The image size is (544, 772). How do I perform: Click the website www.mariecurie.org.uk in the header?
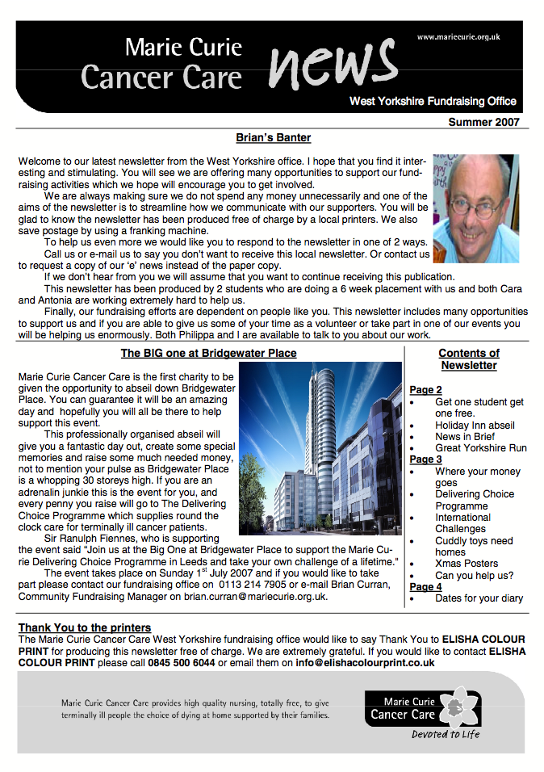(458, 37)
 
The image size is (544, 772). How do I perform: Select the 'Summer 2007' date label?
(483, 122)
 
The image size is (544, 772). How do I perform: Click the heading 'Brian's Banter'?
(273, 138)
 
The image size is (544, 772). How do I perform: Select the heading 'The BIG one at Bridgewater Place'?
(208, 354)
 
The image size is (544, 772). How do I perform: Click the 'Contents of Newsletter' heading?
(468, 359)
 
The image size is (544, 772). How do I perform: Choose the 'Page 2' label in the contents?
(425, 390)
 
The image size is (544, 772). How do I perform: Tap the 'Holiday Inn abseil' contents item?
(475, 425)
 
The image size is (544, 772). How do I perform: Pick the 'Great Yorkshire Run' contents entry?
(480, 447)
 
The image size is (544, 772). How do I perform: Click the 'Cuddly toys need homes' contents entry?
(474, 546)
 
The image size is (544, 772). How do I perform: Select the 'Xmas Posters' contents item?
(467, 564)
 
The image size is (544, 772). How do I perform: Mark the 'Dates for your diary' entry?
(479, 598)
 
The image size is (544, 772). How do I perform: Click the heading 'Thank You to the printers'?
(85, 627)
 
